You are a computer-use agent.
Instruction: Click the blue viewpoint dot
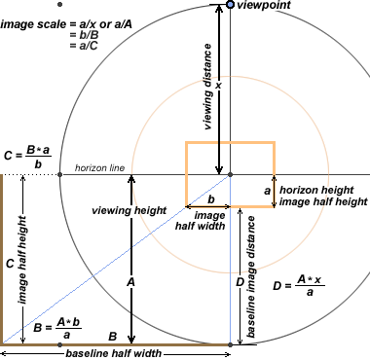click(230, 5)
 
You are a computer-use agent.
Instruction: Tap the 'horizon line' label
click(99, 168)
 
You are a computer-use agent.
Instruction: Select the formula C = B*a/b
click(27, 157)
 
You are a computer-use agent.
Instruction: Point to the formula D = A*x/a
click(299, 286)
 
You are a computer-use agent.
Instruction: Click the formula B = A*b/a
click(57, 328)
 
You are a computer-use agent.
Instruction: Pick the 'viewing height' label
click(129, 210)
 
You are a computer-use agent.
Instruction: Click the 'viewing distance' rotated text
click(208, 87)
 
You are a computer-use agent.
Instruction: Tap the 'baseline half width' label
click(114, 353)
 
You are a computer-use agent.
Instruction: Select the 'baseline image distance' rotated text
click(251, 277)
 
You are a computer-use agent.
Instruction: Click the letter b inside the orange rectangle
click(211, 199)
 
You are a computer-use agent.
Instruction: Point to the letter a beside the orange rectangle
click(267, 191)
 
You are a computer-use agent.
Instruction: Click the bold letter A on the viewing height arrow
click(130, 282)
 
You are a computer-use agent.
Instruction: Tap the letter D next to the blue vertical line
click(240, 282)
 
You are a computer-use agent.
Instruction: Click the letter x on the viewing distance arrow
click(218, 86)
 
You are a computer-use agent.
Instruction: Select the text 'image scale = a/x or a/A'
click(66, 24)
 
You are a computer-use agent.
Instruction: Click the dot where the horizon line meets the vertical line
click(230, 174)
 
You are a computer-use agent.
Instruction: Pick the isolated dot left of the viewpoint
click(59, 5)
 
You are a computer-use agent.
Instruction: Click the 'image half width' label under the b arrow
click(201, 221)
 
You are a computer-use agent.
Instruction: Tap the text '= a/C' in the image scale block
click(84, 46)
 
